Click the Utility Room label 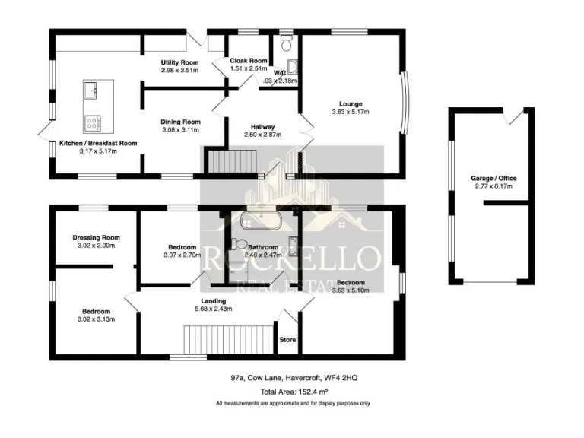(180, 62)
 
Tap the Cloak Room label (249, 61)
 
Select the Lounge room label (351, 104)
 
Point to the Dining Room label (180, 122)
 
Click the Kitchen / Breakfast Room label (98, 143)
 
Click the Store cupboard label (287, 340)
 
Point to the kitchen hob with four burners (94, 122)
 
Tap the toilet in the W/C (286, 45)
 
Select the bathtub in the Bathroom (261, 222)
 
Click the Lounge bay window (405, 104)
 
